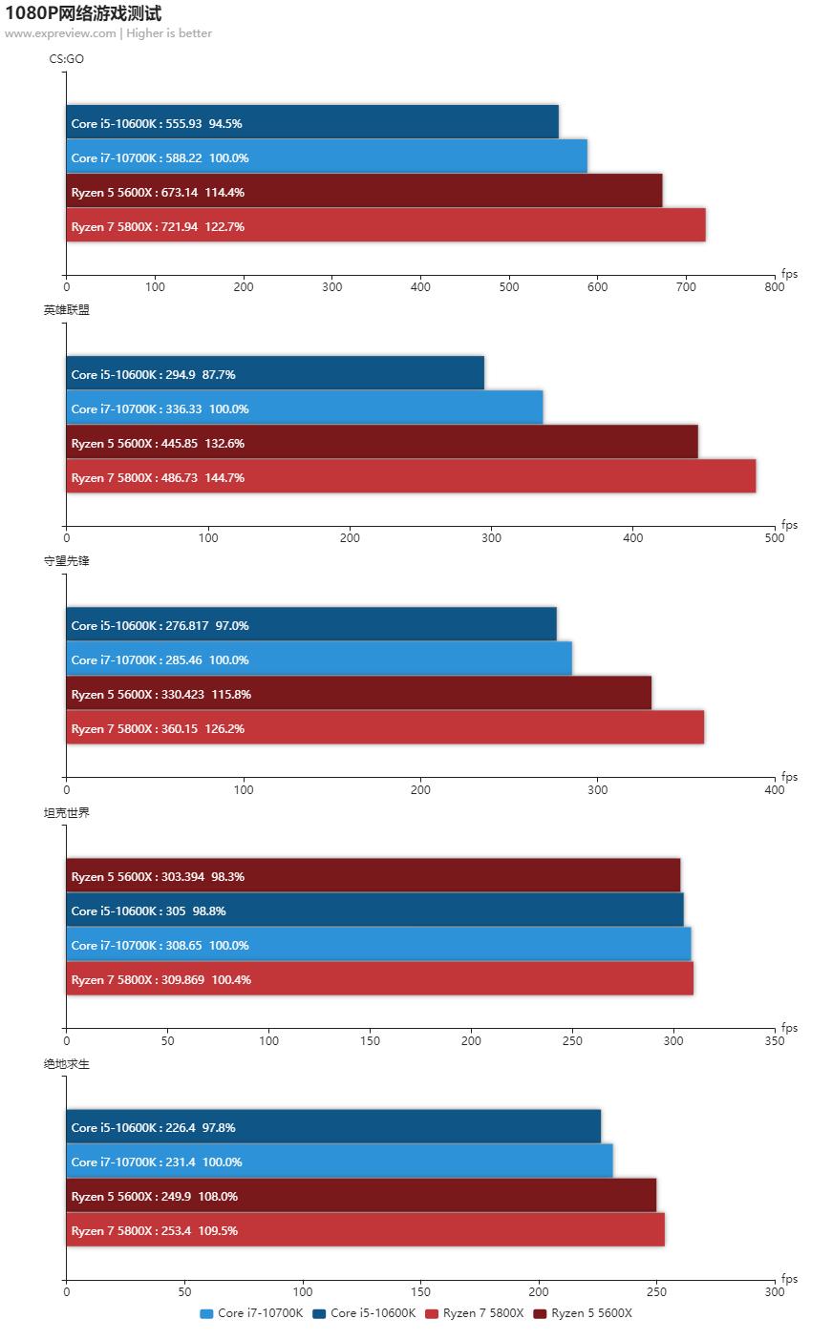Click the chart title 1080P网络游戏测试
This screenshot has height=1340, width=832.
pos(83,13)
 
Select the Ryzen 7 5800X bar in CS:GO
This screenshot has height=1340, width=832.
pos(385,225)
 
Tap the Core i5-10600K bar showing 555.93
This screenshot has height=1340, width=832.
pos(311,122)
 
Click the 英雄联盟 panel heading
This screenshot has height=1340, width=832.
pos(66,310)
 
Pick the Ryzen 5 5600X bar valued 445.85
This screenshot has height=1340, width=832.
pos(381,442)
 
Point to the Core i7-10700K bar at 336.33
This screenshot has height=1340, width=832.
pos(304,408)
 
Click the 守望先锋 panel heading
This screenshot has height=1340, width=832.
pos(66,561)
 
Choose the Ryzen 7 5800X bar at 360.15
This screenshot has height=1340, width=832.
pos(384,727)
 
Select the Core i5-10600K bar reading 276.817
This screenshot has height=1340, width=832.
pos(310,624)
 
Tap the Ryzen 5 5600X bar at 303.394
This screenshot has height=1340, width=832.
pos(373,875)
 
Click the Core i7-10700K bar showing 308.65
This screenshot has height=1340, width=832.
pos(377,944)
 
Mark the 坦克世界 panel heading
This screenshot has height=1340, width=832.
pos(66,812)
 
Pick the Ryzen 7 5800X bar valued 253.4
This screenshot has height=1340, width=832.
pos(365,1229)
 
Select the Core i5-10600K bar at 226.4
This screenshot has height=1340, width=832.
pos(332,1126)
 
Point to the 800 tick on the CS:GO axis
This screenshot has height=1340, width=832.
pos(775,286)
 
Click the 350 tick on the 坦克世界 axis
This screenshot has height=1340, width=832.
pos(775,1040)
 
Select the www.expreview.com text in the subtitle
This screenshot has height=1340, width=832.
pos(60,33)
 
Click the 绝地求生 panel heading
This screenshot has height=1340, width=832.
pos(66,1063)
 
